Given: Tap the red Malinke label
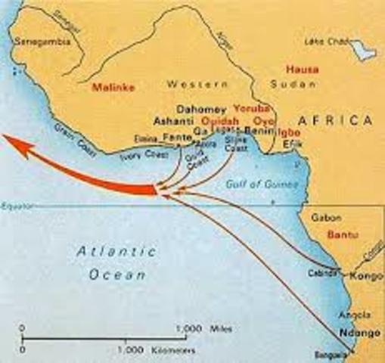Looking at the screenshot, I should coord(112,87).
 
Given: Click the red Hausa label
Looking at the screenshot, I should coord(301,70).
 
